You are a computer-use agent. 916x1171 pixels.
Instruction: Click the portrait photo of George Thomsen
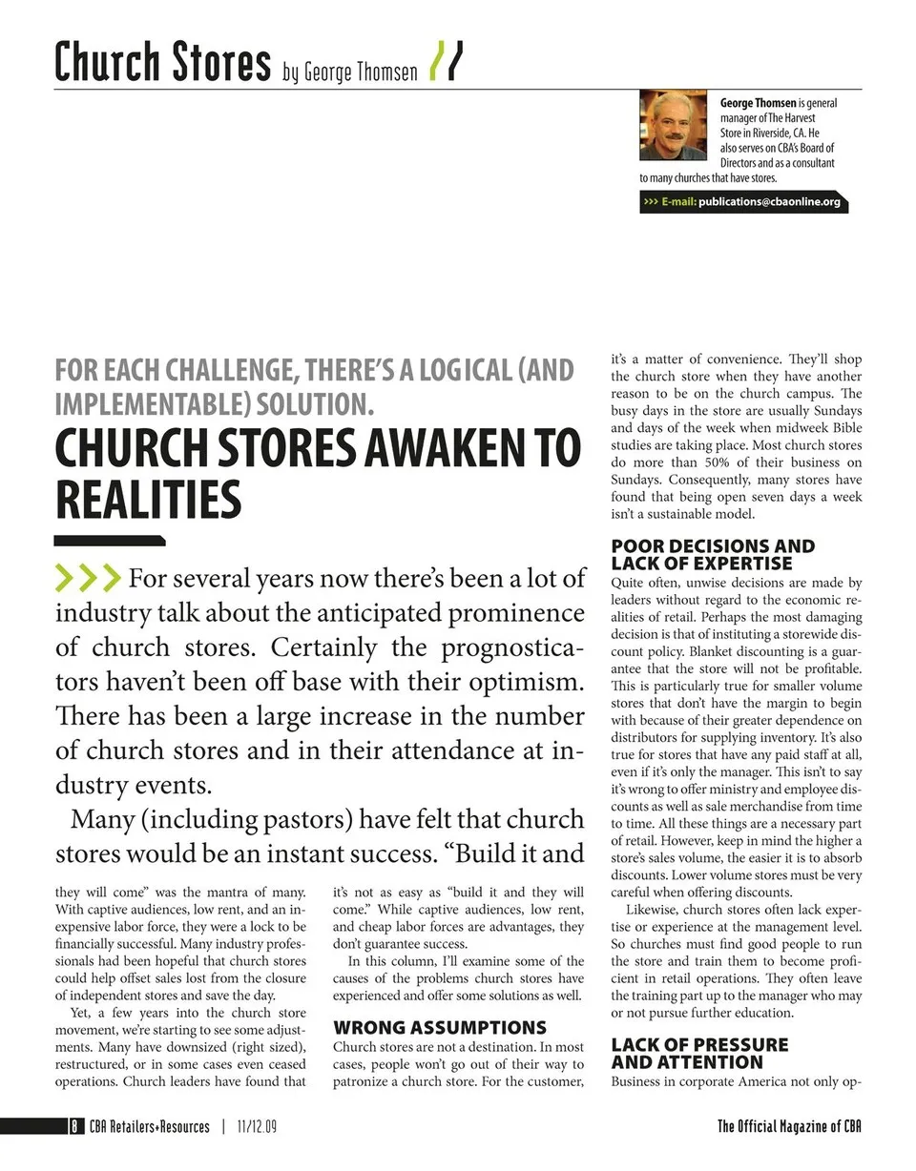[673, 125]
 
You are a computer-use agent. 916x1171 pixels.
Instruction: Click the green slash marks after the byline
[448, 62]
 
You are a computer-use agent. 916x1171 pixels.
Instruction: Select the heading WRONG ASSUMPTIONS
[440, 1027]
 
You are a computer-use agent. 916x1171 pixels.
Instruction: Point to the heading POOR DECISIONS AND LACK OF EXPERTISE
[713, 554]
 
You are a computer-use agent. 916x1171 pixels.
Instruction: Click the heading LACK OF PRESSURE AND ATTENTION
[699, 1053]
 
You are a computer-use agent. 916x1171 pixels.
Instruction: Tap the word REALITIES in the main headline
[148, 499]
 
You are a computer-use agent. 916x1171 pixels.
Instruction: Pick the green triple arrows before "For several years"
[88, 577]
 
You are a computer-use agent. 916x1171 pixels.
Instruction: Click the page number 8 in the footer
[73, 1126]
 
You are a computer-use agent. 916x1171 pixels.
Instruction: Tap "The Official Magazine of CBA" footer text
[789, 1126]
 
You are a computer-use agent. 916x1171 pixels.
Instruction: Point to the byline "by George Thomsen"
[350, 72]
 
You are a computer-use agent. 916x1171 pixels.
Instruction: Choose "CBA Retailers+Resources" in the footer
[149, 1126]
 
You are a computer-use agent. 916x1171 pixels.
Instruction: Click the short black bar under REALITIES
[110, 541]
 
